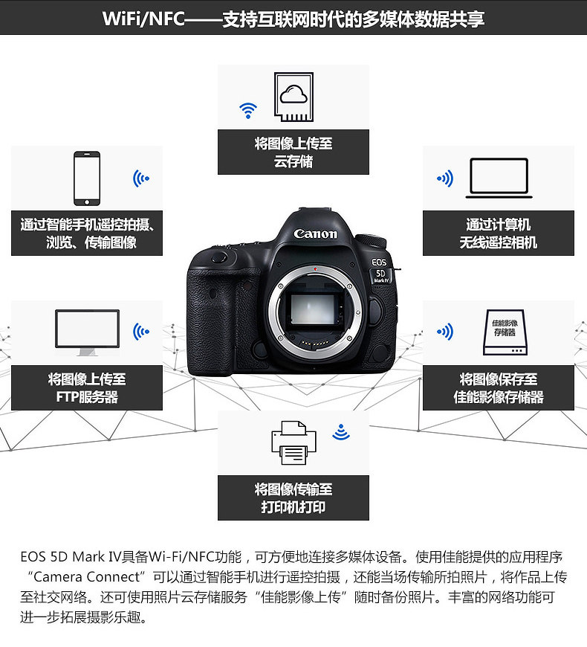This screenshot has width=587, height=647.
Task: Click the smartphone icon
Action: (x=87, y=178)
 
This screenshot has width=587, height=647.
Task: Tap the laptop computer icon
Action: (x=499, y=178)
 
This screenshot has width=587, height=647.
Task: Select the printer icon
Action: (x=293, y=442)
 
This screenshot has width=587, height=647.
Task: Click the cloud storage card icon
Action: (x=294, y=97)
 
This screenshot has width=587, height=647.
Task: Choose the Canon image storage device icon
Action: (x=505, y=332)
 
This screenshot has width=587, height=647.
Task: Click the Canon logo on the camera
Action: (x=315, y=234)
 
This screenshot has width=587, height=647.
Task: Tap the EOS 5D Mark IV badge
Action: (x=380, y=271)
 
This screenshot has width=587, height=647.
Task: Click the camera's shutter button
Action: (x=219, y=258)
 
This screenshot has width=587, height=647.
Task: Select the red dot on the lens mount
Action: (x=315, y=269)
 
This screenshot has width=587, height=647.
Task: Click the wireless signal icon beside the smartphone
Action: (x=141, y=178)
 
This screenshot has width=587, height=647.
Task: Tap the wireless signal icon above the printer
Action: (x=341, y=432)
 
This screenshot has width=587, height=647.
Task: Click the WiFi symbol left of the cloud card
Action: (x=248, y=111)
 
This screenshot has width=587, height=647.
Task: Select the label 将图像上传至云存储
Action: (x=293, y=152)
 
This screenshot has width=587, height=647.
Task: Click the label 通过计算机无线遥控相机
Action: (x=499, y=234)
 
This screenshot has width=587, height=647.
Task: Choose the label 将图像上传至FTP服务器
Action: (x=87, y=388)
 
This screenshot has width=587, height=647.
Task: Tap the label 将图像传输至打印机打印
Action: (x=293, y=498)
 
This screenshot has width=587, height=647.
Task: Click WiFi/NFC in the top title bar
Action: (x=143, y=19)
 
